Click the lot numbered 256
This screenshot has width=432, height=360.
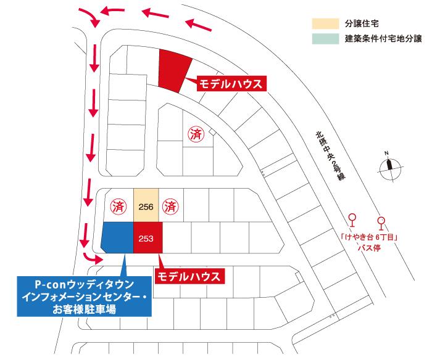click(146, 207)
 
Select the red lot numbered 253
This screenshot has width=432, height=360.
click(146, 238)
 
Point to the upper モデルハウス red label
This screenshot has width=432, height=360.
click(231, 84)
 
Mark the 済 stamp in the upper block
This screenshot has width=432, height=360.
click(196, 136)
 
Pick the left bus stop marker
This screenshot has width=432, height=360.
click(352, 220)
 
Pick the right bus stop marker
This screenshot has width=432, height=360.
click(381, 220)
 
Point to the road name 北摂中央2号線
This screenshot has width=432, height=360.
click(328, 154)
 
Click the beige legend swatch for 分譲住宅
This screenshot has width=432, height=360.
click(324, 23)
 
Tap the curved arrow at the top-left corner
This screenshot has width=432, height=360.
click(90, 18)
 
